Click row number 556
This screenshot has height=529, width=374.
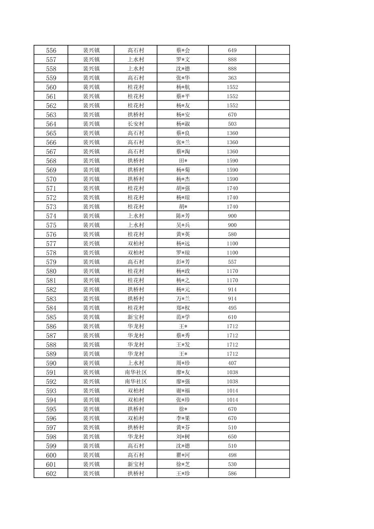pyautogui.click(x=51, y=50)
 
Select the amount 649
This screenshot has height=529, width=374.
pyautogui.click(x=232, y=50)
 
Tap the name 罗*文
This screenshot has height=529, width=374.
pyautogui.click(x=183, y=60)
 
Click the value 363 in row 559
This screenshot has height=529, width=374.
pyautogui.click(x=232, y=78)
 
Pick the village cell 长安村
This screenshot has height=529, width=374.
pyautogui.click(x=135, y=124)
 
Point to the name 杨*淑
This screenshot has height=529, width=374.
pyautogui.click(x=183, y=124)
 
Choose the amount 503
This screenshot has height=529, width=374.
pyautogui.click(x=232, y=124)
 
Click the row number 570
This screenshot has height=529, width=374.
pyautogui.click(x=51, y=179)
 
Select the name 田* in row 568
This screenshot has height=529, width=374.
pyautogui.click(x=183, y=161)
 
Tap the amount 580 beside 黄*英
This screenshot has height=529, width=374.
pyautogui.click(x=232, y=234)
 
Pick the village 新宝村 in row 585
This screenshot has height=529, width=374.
pyautogui.click(x=135, y=317)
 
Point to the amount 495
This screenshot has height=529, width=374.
pyautogui.click(x=232, y=308)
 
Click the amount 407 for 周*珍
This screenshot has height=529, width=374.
pyautogui.click(x=232, y=363)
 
